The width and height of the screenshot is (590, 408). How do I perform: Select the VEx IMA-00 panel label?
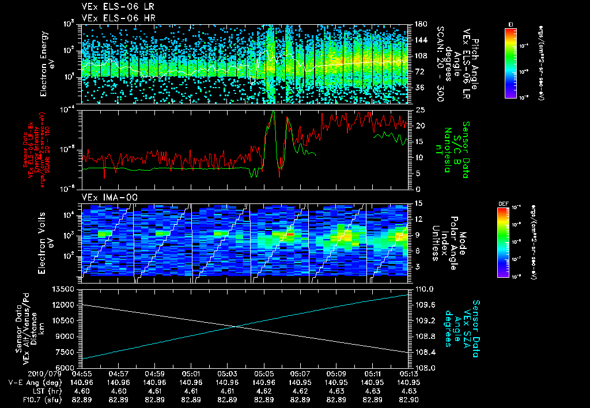pyautogui.click(x=105, y=197)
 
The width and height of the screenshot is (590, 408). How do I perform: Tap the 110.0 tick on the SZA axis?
pyautogui.click(x=419, y=289)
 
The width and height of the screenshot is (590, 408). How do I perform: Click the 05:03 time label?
pyautogui.click(x=228, y=373)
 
